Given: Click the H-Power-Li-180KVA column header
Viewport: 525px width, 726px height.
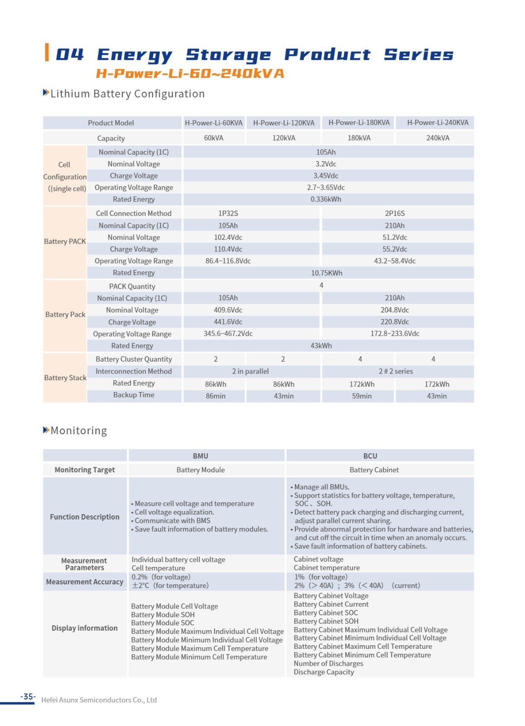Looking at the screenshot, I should pyautogui.click(x=359, y=123).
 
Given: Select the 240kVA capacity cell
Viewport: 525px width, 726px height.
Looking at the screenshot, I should pyautogui.click(x=437, y=138).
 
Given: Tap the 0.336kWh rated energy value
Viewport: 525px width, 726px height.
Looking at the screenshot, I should pyautogui.click(x=326, y=199).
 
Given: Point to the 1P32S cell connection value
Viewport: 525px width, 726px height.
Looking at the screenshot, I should pyautogui.click(x=228, y=213).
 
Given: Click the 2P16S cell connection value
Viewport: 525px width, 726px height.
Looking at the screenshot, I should pyautogui.click(x=394, y=213).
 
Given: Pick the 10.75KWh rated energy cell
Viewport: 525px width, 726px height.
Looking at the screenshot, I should pyautogui.click(x=326, y=273).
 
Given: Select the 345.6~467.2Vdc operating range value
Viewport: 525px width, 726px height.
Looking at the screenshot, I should pyautogui.click(x=228, y=334).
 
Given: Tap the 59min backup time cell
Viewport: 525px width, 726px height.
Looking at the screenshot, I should pyautogui.click(x=361, y=396).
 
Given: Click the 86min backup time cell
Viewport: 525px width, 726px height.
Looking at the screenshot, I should pyautogui.click(x=215, y=396).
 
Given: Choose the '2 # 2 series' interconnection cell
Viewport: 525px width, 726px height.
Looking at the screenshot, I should pyautogui.click(x=395, y=371).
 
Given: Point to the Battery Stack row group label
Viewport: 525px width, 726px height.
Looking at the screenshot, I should pyautogui.click(x=65, y=378).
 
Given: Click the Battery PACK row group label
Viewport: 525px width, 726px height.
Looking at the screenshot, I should pyautogui.click(x=65, y=241).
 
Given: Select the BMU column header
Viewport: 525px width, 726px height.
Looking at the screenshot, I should pyautogui.click(x=200, y=456).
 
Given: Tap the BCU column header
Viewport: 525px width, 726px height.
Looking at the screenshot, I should pyautogui.click(x=370, y=456).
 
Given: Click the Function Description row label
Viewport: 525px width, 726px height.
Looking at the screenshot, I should pyautogui.click(x=85, y=517).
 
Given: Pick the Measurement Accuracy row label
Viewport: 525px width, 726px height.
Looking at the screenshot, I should pyautogui.click(x=85, y=582).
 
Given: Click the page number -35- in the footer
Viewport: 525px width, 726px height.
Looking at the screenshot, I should pyautogui.click(x=28, y=697).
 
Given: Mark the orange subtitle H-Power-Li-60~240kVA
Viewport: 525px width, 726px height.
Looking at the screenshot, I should pyautogui.click(x=190, y=74).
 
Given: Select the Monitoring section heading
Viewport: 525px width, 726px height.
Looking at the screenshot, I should pyautogui.click(x=78, y=431).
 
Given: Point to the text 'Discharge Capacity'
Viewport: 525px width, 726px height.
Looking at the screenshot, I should pyautogui.click(x=323, y=672).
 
